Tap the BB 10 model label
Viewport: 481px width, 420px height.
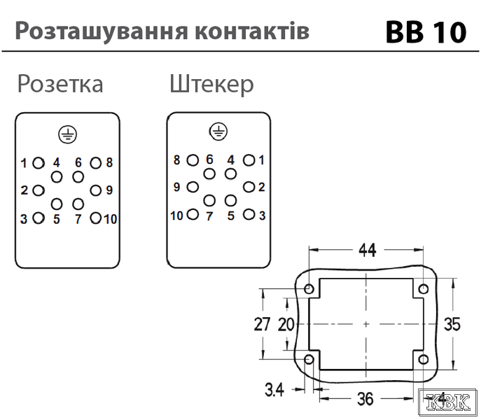tap(426, 32)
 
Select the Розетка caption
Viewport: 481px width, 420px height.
tap(60, 83)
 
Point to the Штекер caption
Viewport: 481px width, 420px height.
tap(211, 83)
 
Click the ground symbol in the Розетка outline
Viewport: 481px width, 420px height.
tap(67, 134)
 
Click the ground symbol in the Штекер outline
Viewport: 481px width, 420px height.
tap(218, 132)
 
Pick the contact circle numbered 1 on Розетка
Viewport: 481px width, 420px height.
tap(39, 163)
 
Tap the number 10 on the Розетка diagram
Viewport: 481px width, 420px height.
tap(111, 219)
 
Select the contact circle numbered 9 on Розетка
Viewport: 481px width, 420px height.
tap(96, 190)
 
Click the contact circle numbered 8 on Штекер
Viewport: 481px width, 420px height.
tap(193, 160)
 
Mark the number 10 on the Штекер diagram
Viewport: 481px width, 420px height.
tap(176, 216)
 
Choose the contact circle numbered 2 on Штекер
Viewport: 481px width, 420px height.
tap(249, 187)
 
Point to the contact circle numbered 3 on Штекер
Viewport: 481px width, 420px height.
tap(249, 214)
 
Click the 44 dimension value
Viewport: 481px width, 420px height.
tap(368, 250)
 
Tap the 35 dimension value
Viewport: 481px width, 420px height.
tap(452, 324)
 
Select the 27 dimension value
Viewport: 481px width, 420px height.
tap(262, 324)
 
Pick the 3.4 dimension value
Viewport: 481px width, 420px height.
tap(274, 390)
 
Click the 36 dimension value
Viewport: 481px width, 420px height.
tap(365, 399)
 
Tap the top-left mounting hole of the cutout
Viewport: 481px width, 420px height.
tap(309, 288)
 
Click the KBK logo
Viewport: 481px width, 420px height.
tap(448, 401)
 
